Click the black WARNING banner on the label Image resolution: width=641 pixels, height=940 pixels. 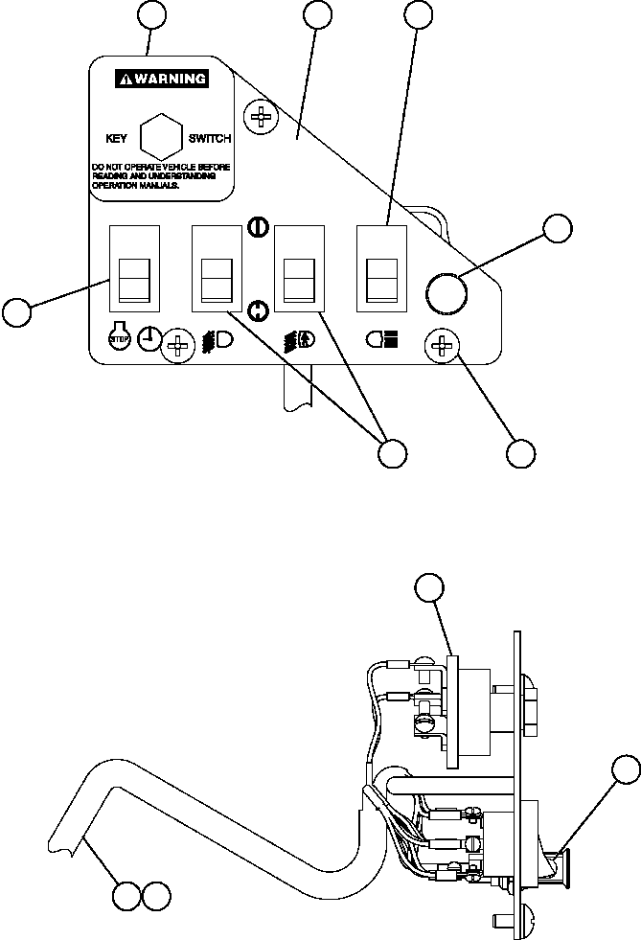point(161,79)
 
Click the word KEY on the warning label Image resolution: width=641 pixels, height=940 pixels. point(115,139)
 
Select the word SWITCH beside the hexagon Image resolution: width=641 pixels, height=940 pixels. point(210,139)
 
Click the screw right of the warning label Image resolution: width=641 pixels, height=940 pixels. point(260,118)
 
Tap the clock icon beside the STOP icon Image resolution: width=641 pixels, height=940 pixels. point(147,336)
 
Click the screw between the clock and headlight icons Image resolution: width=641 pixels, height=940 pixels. point(179,343)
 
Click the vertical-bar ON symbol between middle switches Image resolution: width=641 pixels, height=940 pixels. point(256,227)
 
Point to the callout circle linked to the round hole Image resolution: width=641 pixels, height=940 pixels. point(557,229)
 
